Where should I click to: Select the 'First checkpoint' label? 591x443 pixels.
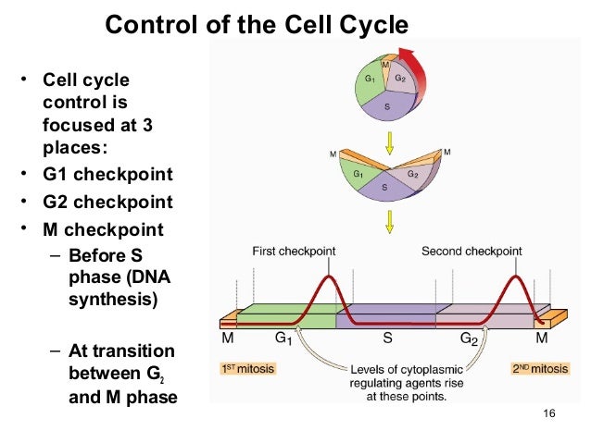(x=294, y=251)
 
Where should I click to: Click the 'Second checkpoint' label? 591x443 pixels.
(x=472, y=251)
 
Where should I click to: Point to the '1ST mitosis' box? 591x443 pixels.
(x=247, y=368)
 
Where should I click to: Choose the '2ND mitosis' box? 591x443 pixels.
(x=540, y=368)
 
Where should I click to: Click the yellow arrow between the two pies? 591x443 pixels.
(x=390, y=141)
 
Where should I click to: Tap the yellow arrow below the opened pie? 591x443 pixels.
(x=390, y=222)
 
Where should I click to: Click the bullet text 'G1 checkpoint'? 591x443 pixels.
(x=107, y=175)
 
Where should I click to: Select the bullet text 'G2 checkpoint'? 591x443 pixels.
(x=107, y=203)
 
